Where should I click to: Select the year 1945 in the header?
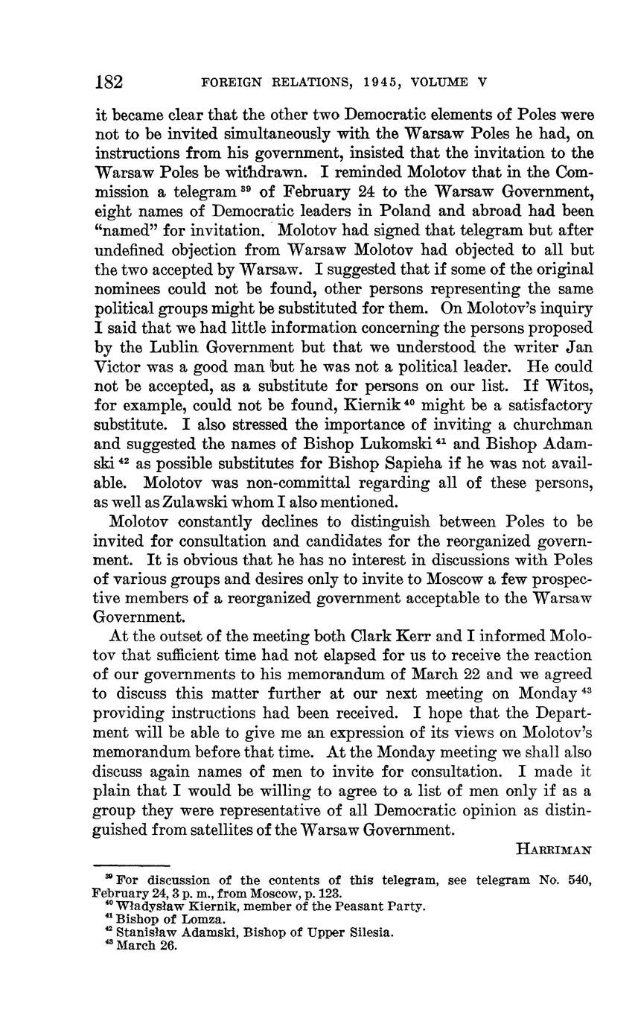367,83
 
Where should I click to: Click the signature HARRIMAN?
553,849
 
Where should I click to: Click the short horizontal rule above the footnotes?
132,865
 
